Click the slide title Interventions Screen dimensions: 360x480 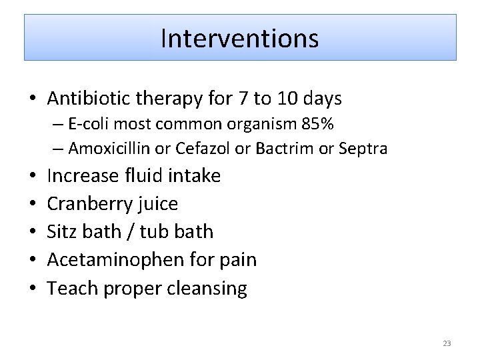[240, 38]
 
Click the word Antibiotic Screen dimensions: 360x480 [89, 99]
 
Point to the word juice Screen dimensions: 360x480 [156, 204]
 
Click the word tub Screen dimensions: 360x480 [155, 232]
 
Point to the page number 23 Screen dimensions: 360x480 [447, 343]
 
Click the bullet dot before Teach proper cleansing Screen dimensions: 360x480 [32, 289]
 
